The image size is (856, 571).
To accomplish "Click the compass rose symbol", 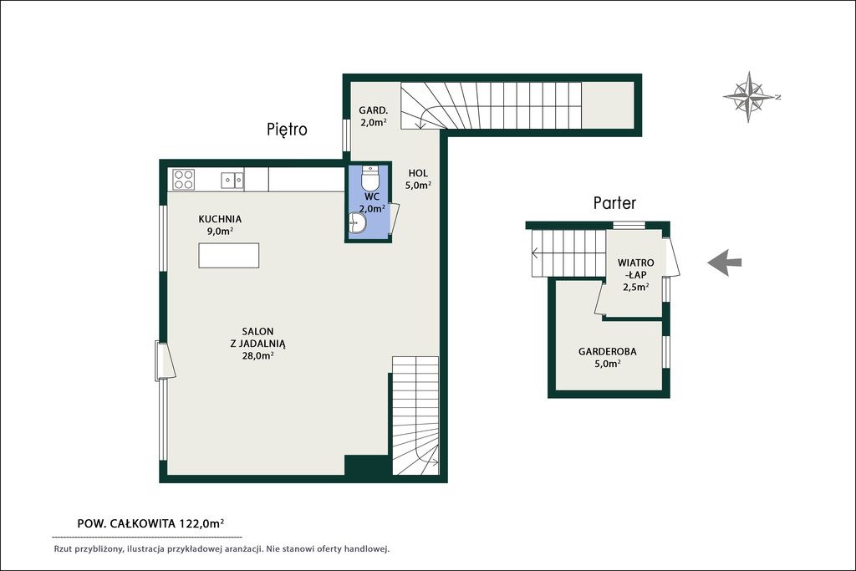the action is click(750, 97).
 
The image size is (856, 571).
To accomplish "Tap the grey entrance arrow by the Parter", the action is click(725, 263).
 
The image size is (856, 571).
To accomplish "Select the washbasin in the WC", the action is click(357, 222).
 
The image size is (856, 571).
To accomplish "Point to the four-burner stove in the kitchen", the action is click(183, 180).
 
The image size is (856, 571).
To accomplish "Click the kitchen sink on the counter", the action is click(232, 180).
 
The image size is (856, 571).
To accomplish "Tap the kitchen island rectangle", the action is click(229, 256).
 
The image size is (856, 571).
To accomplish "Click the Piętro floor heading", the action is click(288, 130).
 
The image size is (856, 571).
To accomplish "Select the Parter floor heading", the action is click(614, 203).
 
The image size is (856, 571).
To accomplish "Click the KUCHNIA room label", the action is click(220, 219).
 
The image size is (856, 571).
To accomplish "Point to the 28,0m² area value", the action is click(257, 356).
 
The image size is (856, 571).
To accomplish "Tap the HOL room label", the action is click(418, 173).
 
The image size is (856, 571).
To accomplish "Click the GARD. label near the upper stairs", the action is click(374, 110).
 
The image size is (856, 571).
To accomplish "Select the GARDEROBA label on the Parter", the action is click(608, 352).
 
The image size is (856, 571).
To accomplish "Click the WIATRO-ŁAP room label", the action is click(636, 268).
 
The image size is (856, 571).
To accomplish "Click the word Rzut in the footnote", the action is click(64, 548).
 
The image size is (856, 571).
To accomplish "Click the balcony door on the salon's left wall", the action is click(165, 360).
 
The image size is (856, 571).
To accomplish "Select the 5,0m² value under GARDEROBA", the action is click(608, 364).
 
